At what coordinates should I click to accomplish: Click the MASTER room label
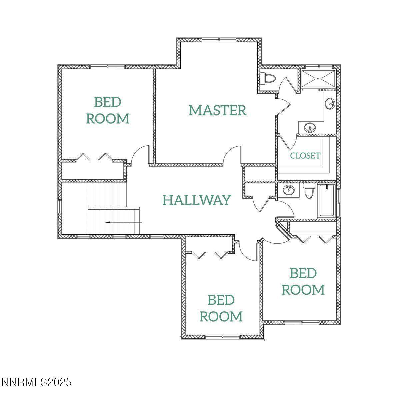pos(218,110)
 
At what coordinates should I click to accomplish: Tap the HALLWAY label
pos(197,200)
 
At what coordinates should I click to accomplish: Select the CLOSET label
pos(305,156)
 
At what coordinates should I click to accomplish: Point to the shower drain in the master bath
pos(318,79)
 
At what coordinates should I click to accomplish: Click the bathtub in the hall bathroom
pos(327,201)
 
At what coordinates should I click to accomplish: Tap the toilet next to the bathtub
pos(308,191)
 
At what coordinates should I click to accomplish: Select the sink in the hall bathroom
pos(289,190)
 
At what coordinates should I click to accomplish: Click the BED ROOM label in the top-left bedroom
pos(108,110)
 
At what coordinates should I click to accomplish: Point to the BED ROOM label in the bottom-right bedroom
pos(303,281)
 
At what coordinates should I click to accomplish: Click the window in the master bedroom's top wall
pos(219,40)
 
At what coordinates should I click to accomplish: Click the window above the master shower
pos(319,67)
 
